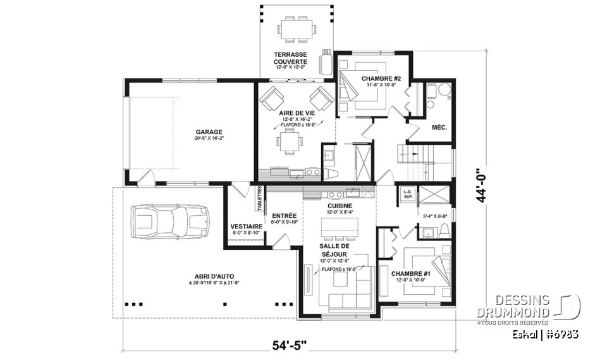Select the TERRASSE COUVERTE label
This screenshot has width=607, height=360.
[290, 58]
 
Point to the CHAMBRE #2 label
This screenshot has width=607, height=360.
[379, 79]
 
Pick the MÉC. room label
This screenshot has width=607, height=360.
[439, 127]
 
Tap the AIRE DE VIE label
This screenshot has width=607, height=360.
[291, 113]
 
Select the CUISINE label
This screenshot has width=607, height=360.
[340, 206]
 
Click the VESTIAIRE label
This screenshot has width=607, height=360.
[244, 227]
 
